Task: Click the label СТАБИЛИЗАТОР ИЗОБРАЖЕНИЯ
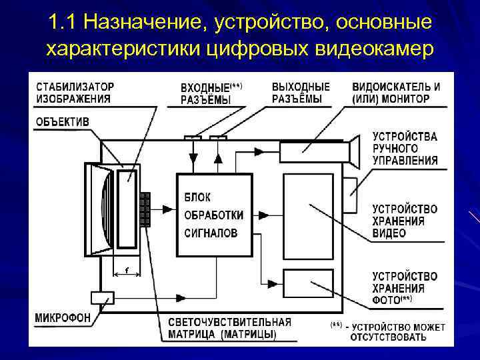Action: pyautogui.click(x=74, y=93)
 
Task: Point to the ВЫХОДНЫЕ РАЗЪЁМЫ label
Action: pyautogui.click(x=301, y=93)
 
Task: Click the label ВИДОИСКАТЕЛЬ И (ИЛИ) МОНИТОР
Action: pyautogui.click(x=395, y=93)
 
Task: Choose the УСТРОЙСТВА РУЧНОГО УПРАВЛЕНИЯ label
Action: pyautogui.click(x=404, y=148)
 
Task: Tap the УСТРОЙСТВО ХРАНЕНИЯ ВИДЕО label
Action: pyautogui.click(x=404, y=221)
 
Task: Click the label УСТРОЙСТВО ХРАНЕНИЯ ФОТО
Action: pyautogui.click(x=404, y=288)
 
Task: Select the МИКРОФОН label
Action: pyautogui.click(x=63, y=317)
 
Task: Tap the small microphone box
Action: pyautogui.click(x=103, y=297)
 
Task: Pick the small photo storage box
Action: pyautogui.click(x=308, y=283)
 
